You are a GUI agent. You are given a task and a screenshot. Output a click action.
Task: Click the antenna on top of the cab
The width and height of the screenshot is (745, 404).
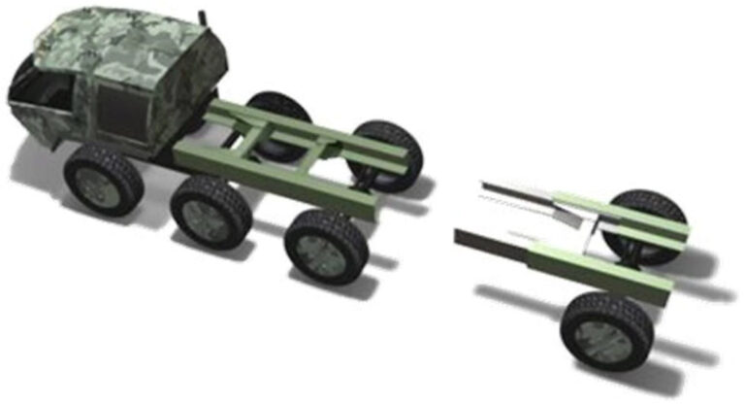point(202,18)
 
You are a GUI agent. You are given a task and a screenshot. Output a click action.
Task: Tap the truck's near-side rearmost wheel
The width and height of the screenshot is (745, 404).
point(327,246)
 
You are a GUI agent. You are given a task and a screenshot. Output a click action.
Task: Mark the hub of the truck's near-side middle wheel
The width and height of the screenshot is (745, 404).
point(208,216)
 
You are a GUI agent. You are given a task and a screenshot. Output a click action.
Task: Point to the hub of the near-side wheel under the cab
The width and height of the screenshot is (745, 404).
point(100,185)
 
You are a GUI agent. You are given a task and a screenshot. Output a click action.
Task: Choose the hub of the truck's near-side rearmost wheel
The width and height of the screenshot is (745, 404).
point(324,251)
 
